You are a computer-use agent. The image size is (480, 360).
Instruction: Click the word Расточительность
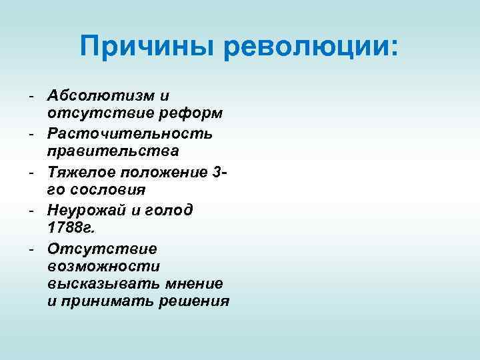coord(130,133)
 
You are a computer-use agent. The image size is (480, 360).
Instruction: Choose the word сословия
coord(108,190)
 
